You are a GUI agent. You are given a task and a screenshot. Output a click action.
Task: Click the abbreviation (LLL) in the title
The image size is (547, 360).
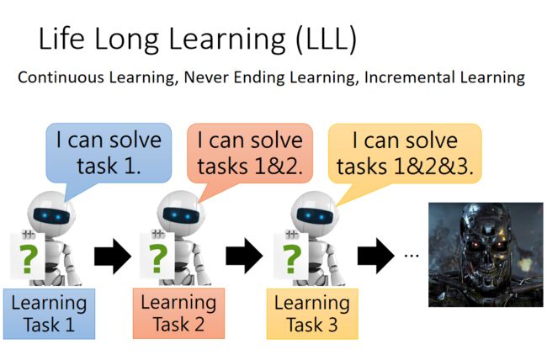tap(327, 39)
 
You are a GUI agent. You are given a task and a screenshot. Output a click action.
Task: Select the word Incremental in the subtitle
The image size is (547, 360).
tap(409, 77)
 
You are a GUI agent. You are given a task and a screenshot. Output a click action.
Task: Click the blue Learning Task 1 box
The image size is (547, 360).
tap(49, 314)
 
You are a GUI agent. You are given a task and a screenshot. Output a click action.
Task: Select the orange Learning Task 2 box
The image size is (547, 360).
tap(178, 313)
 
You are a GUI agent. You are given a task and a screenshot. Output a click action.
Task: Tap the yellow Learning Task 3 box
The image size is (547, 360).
tap(312, 314)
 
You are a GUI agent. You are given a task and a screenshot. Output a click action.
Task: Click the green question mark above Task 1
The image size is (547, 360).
tap(28, 258)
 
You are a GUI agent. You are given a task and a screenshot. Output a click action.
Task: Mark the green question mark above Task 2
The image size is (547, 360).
tap(157, 258)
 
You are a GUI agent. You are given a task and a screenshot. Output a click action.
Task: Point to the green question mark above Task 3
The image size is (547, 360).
tap(292, 258)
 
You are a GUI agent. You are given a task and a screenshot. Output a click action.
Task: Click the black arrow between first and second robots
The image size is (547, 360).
tap(112, 257)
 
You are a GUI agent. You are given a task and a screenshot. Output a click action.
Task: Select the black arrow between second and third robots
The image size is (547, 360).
tap(244, 257)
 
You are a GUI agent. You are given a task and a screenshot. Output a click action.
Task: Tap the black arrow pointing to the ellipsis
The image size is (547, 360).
tap(375, 257)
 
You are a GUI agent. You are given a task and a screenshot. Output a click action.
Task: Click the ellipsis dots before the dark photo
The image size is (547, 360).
tap(412, 256)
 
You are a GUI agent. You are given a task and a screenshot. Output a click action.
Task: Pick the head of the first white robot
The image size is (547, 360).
tap(51, 214)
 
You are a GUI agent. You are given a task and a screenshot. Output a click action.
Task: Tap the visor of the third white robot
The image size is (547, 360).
tap(315, 217)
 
